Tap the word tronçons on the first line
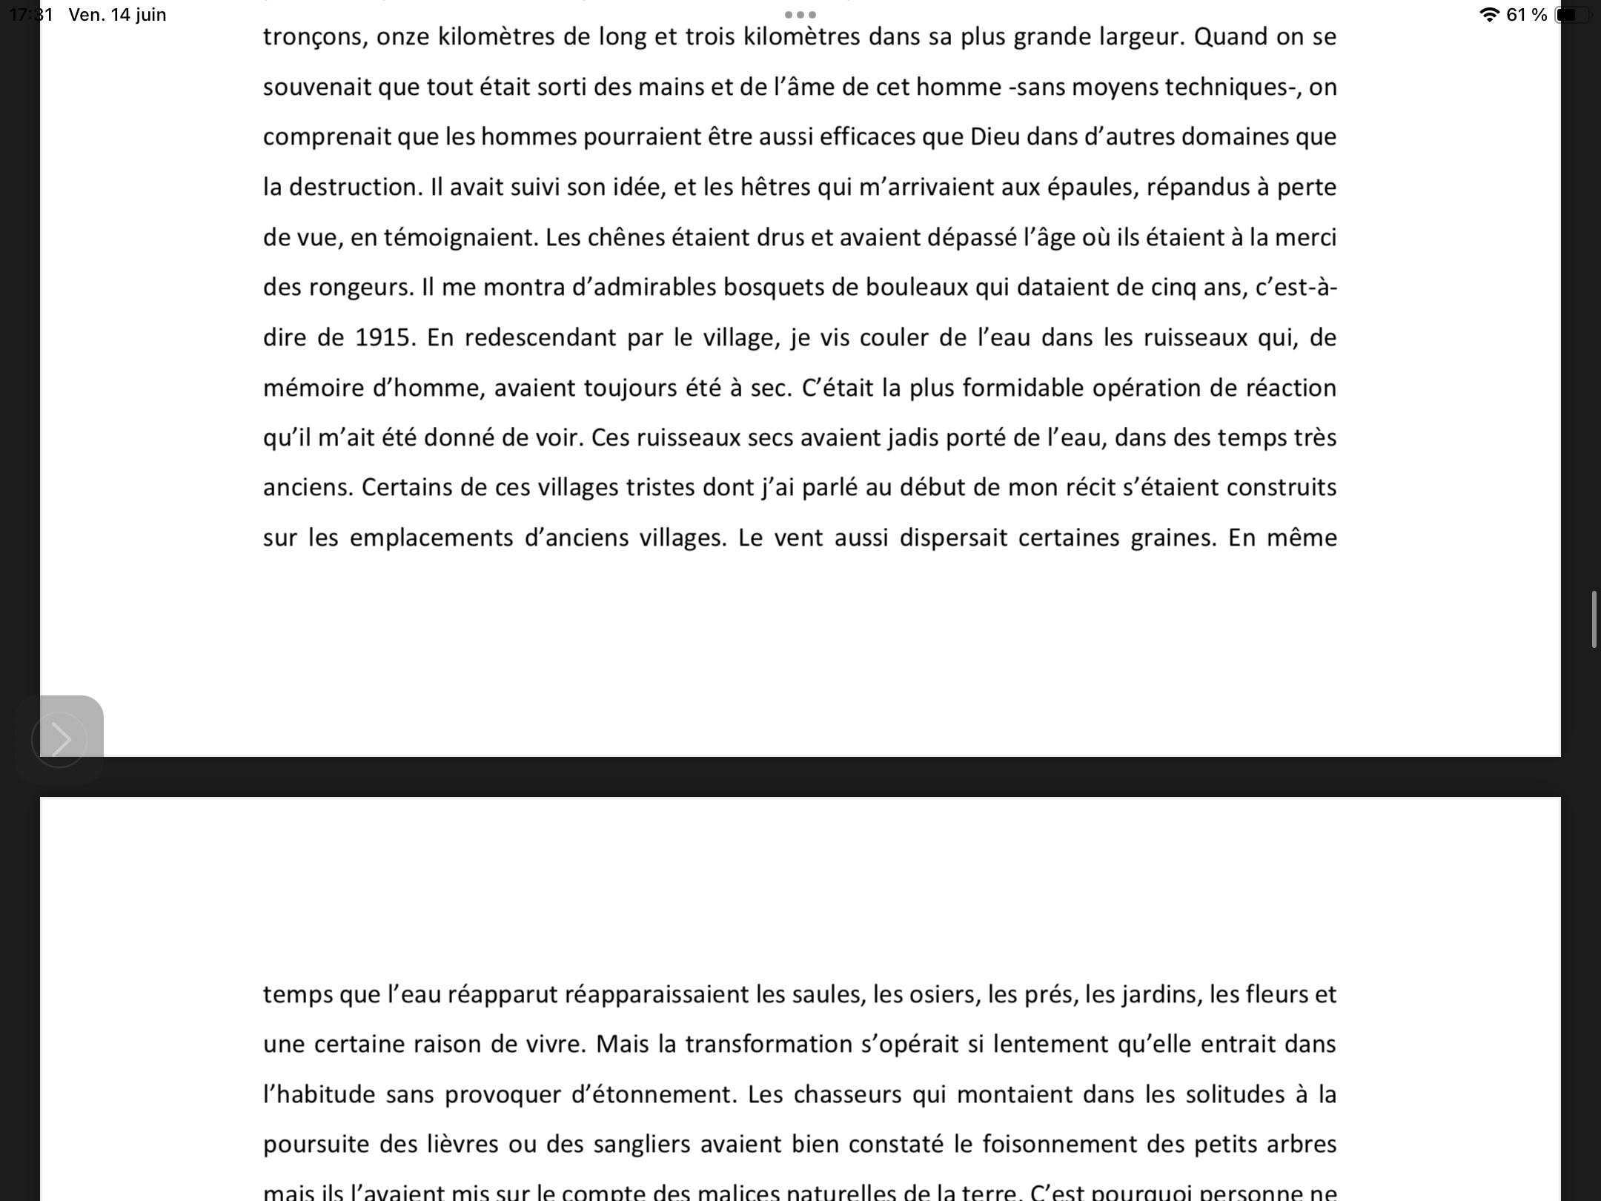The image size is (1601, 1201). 315,37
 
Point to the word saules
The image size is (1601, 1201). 829,994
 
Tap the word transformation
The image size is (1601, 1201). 768,1045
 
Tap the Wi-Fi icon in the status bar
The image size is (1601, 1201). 1488,15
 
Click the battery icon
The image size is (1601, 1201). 1572,15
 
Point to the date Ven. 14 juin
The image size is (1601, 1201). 117,15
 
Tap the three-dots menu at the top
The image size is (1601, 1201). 800,15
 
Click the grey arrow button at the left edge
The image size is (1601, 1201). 59,739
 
